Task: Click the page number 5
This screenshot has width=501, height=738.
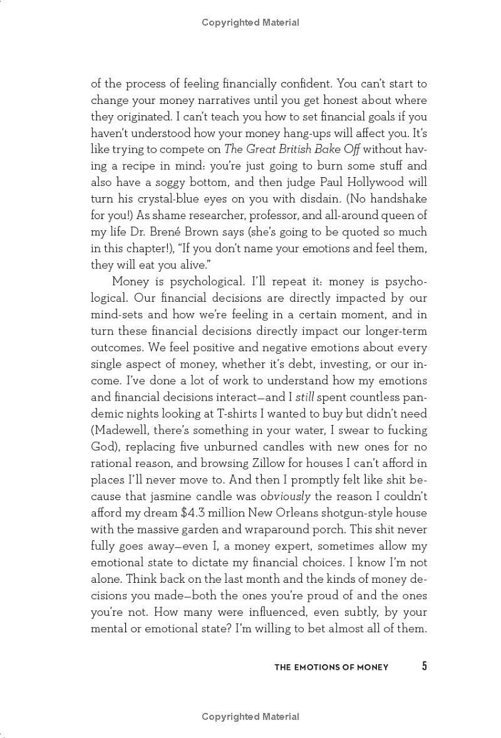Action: (424, 666)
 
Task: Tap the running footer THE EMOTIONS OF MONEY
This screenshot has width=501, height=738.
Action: (331, 667)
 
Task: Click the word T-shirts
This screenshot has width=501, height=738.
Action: (243, 414)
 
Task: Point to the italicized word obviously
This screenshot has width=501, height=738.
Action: (286, 496)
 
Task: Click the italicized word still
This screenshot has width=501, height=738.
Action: (305, 397)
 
